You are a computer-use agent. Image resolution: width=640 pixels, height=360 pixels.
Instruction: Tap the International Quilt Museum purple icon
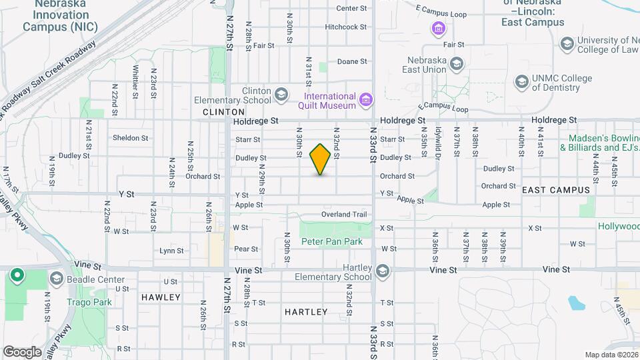click(365, 101)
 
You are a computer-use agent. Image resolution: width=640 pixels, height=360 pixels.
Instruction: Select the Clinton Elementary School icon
click(282, 94)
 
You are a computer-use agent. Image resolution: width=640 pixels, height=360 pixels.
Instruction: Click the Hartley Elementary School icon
click(382, 271)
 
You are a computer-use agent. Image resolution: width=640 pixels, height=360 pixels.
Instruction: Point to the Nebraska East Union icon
click(457, 65)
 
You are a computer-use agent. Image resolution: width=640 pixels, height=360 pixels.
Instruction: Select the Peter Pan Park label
click(332, 241)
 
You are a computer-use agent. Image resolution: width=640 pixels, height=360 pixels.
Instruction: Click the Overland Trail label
click(344, 215)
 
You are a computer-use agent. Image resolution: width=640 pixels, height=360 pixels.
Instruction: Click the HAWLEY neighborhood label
click(161, 297)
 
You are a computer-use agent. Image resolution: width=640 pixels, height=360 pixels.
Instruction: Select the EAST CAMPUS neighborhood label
click(556, 190)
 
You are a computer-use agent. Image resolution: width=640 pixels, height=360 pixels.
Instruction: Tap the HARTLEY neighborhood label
click(306, 312)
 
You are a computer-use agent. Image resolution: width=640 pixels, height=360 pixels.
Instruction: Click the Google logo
click(22, 352)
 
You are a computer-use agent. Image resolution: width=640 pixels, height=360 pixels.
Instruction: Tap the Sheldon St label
click(130, 138)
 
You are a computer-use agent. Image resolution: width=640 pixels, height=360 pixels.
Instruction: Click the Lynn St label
click(171, 251)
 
